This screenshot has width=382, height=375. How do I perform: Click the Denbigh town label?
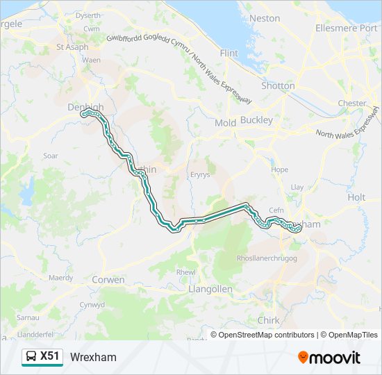tap(85, 107)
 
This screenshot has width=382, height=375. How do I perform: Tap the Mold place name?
tap(225, 123)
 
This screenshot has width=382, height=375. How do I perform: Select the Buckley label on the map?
tap(256, 121)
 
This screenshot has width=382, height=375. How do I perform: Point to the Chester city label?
tap(351, 103)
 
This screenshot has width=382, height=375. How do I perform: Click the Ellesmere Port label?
tap(345, 28)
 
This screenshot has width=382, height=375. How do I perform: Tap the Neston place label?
tap(265, 18)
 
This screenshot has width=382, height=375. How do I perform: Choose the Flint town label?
tap(229, 53)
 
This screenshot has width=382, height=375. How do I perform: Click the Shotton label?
tap(278, 86)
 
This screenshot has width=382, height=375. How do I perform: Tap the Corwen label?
tap(108, 280)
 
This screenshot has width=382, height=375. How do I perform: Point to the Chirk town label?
tap(268, 320)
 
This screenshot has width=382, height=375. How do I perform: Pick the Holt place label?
tap(356, 197)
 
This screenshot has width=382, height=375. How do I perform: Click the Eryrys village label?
tap(199, 176)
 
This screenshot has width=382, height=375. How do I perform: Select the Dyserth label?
tap(88, 15)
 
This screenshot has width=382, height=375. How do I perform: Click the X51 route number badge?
tap(50, 356)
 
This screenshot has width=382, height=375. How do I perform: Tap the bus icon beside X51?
tap(31, 357)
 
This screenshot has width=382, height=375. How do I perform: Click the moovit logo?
tap(329, 358)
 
